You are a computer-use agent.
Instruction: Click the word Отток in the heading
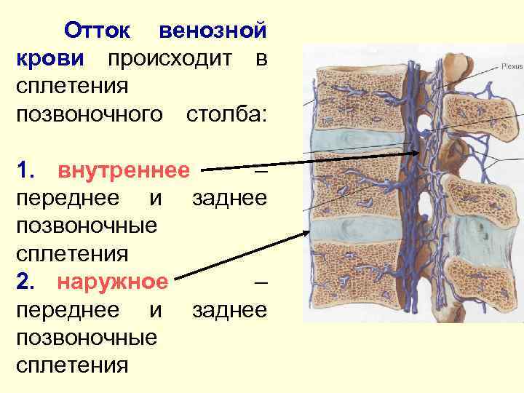tap(98, 31)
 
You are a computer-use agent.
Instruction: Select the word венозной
tap(213, 31)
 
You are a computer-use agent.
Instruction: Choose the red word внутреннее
tap(124, 170)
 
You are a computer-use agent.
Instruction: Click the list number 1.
tap(25, 170)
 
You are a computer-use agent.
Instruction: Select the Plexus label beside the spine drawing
tap(509, 66)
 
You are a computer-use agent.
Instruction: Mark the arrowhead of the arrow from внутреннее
tap(416, 152)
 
